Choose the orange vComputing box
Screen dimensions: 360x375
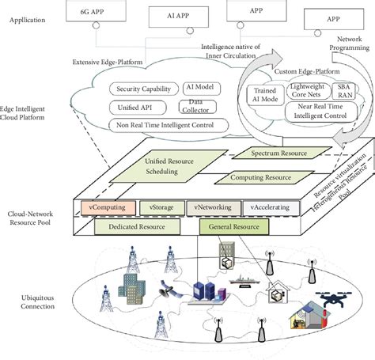104,207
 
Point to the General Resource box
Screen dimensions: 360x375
233,226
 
